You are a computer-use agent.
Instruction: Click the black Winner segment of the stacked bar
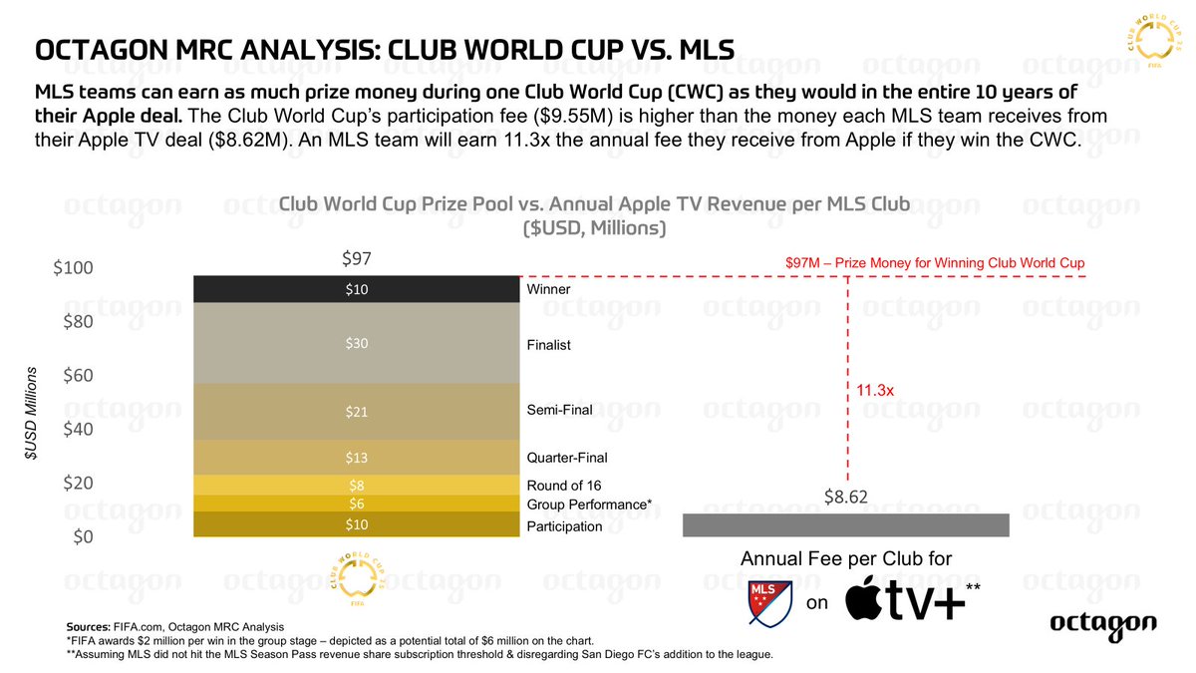(x=356, y=289)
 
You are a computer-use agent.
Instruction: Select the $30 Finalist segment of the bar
(x=356, y=343)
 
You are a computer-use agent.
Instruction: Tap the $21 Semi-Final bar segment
(x=356, y=412)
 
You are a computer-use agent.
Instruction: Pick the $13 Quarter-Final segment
(x=356, y=457)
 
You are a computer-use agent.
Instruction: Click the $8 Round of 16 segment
(x=356, y=486)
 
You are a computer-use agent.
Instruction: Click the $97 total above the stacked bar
(x=356, y=259)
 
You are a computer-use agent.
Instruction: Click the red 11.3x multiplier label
(x=875, y=392)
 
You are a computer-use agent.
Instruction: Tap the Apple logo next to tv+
(x=869, y=601)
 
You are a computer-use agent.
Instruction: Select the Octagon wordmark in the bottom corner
(x=1102, y=624)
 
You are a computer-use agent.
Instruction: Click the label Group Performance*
(x=588, y=505)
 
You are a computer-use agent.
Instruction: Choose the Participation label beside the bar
(x=564, y=526)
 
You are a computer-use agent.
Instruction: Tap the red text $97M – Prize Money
(x=935, y=262)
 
